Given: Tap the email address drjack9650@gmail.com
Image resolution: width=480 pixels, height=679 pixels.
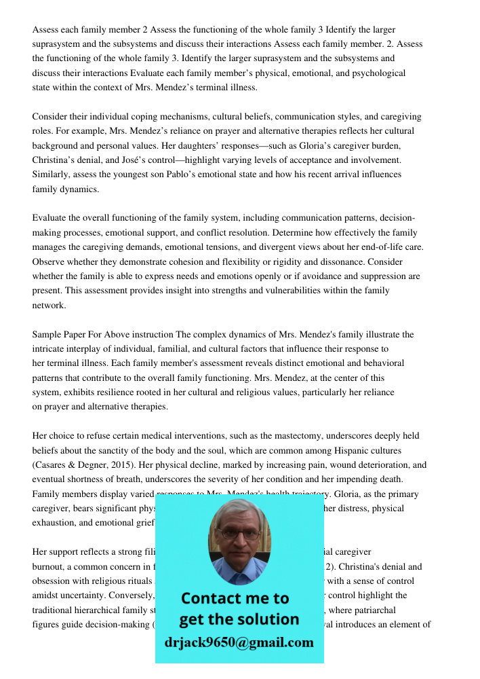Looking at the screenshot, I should pyautogui.click(x=239, y=642).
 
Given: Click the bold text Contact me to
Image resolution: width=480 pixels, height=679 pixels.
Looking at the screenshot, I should pyautogui.click(x=235, y=598).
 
